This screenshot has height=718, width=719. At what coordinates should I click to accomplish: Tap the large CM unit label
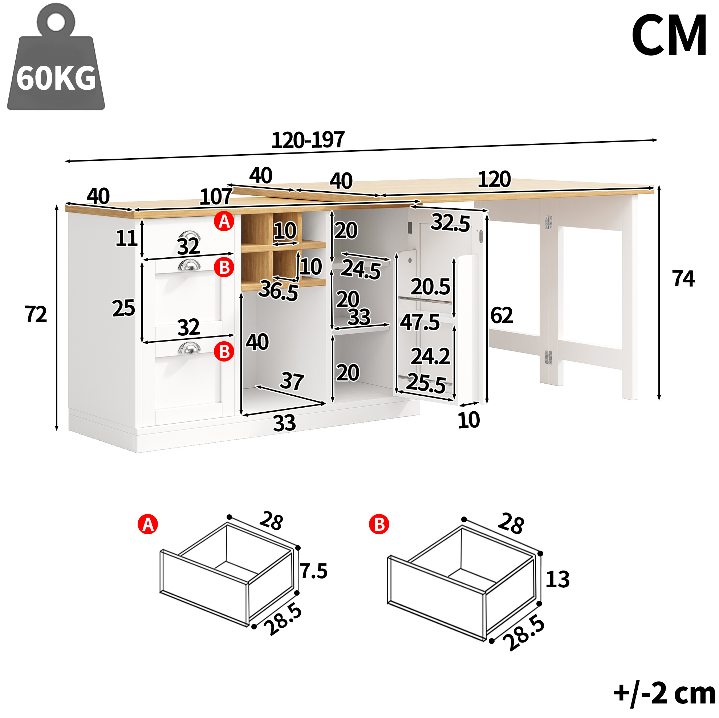pos(669,35)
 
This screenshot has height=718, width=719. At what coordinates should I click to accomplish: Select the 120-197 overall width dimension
pos(308,140)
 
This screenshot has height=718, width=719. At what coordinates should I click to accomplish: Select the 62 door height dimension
pos(501,315)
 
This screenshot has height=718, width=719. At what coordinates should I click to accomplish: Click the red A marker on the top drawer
pos(224,221)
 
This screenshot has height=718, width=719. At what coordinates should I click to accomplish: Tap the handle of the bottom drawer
pos(189,348)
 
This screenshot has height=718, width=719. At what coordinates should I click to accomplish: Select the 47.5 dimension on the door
pos(420,322)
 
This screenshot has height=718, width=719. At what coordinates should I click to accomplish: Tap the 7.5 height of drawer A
pos(314,571)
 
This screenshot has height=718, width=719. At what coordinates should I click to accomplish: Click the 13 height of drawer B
pos(557,579)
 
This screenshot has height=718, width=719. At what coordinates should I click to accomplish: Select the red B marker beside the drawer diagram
pos(379,525)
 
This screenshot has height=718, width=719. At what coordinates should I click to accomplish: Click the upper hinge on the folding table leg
pos(548,222)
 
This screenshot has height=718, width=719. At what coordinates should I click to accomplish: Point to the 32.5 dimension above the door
pos(450,223)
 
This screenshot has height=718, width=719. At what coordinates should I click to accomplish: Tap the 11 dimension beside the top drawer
pos(126,238)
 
